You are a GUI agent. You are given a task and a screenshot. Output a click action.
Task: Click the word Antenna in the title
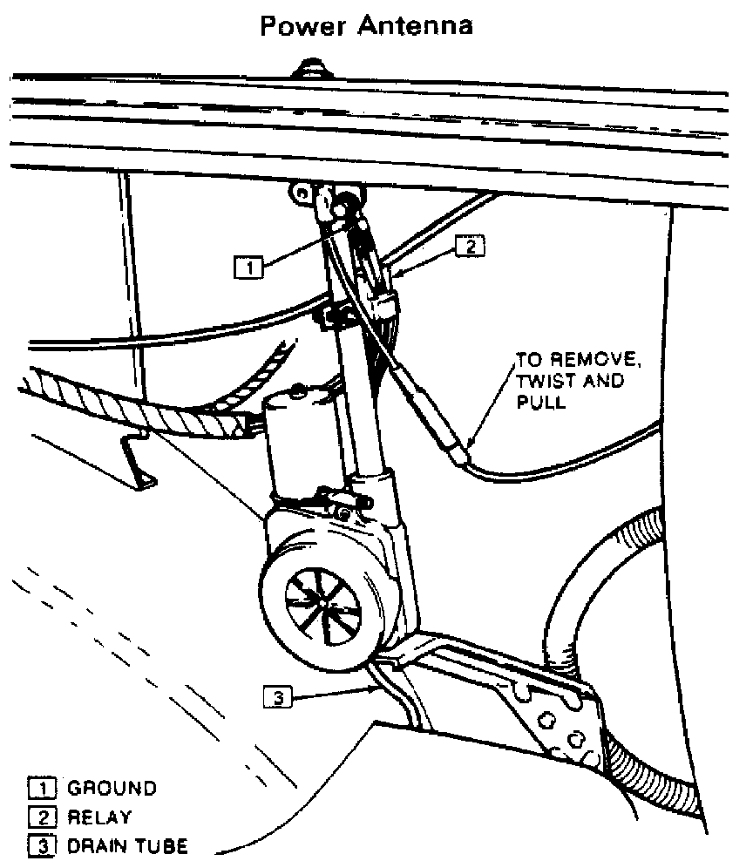pos(416,26)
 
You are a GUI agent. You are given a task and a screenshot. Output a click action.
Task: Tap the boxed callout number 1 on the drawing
pos(248,268)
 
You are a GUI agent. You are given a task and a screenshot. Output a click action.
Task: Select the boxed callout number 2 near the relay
pos(469,247)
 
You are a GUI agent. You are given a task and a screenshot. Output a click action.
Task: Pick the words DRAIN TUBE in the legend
pos(126,845)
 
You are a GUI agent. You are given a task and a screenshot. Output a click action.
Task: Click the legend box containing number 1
pos(40,789)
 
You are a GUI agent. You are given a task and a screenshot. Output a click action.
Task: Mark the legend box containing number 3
pos(40,845)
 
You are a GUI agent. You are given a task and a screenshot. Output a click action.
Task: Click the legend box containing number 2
pos(40,817)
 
